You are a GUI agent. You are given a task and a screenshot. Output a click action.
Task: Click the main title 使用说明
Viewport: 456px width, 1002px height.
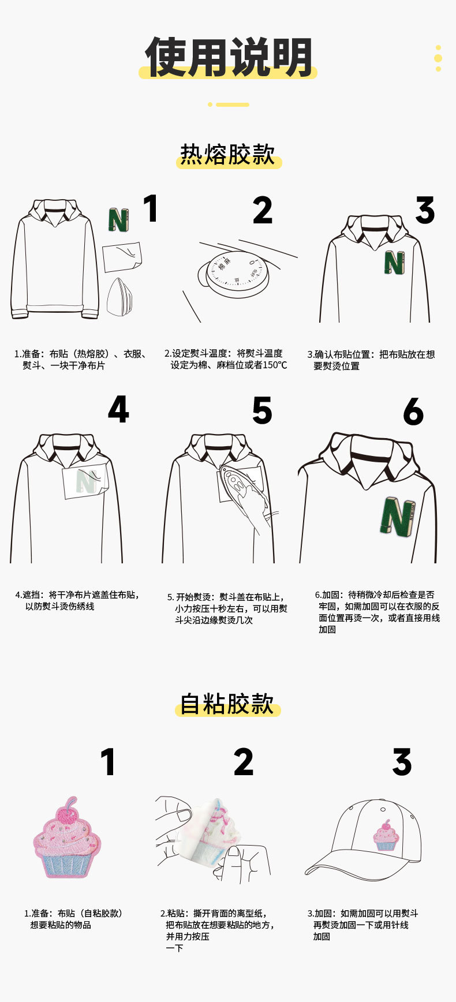(229, 57)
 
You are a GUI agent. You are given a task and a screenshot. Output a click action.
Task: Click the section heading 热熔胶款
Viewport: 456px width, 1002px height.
(228, 154)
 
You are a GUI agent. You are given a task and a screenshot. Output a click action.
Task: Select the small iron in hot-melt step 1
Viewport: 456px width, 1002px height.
(119, 297)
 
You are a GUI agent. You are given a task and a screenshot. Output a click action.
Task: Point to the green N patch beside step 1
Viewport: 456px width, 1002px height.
(118, 220)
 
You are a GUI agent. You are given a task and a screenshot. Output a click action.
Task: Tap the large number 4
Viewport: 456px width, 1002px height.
(118, 410)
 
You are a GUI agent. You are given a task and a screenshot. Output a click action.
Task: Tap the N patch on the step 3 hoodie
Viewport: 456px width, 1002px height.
(394, 263)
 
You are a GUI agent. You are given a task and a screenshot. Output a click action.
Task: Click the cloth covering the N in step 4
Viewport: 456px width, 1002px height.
(84, 480)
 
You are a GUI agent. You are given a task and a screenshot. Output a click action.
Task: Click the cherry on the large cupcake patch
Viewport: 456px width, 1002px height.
(69, 813)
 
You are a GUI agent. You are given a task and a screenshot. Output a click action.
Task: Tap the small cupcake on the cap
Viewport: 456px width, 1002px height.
(385, 836)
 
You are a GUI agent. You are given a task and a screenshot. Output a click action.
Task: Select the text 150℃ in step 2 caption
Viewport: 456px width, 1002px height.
(275, 365)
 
